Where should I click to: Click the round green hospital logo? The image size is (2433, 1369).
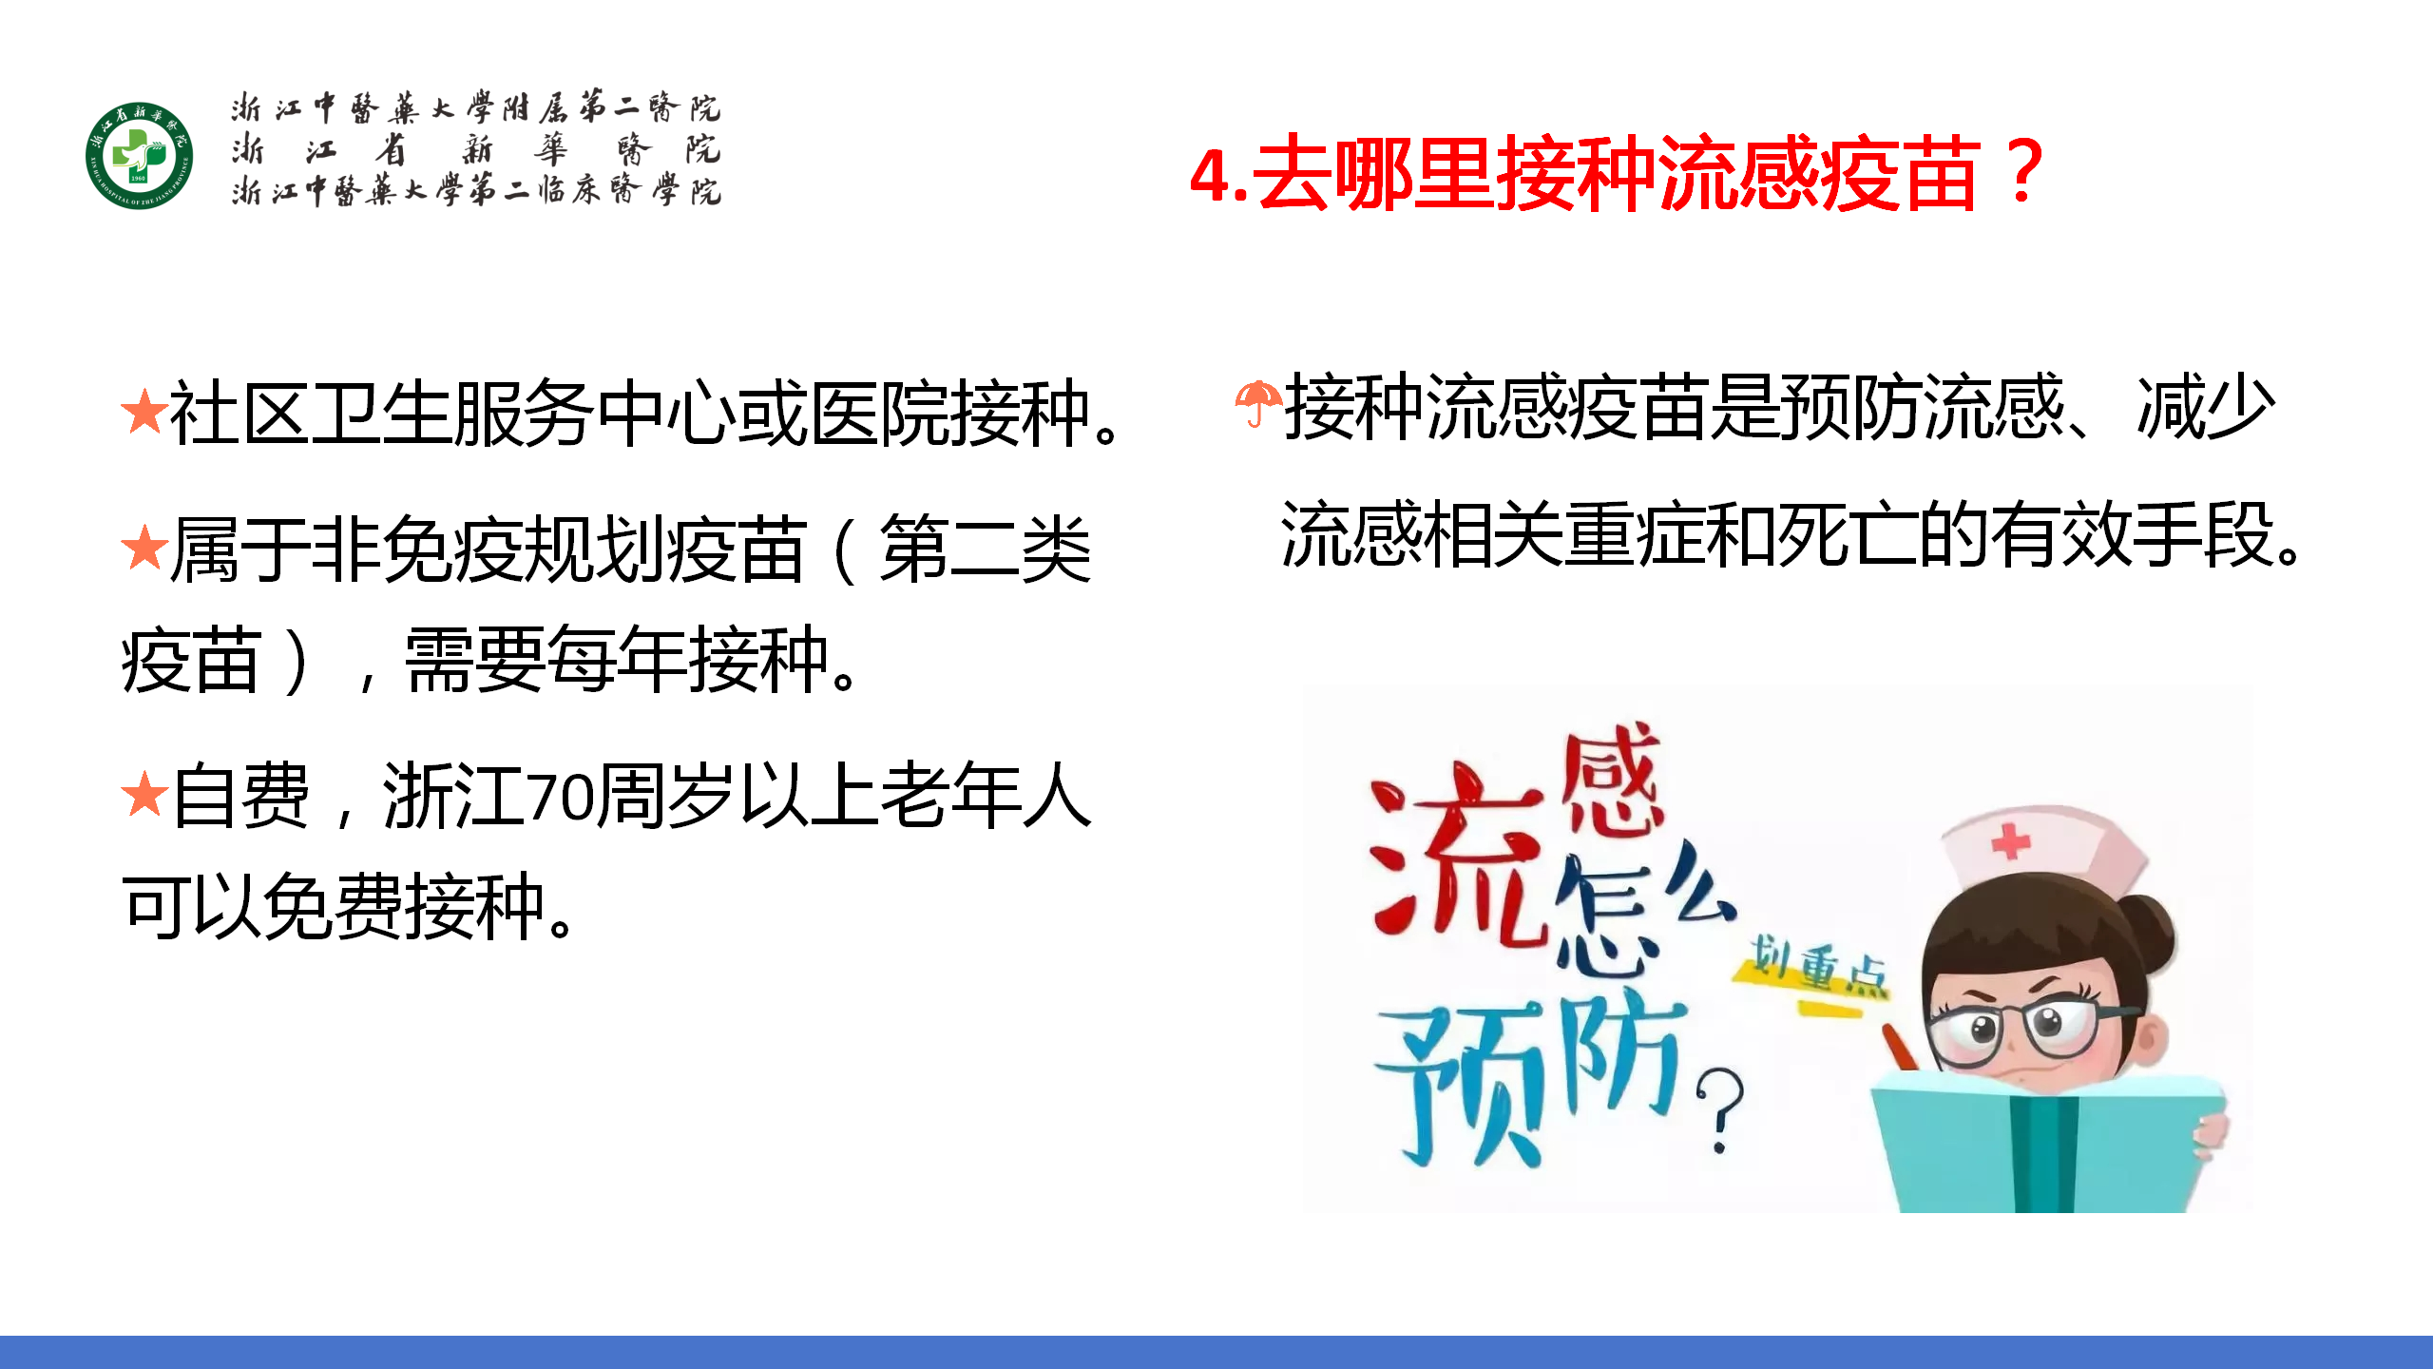coord(139,155)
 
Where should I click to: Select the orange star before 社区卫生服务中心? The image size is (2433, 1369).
coord(144,411)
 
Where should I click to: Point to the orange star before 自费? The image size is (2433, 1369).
coord(144,794)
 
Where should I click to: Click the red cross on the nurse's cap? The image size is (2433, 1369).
coord(2010,842)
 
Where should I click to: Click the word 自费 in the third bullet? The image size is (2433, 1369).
coord(241,797)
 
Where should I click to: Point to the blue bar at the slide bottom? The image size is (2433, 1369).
coord(1216,1352)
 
